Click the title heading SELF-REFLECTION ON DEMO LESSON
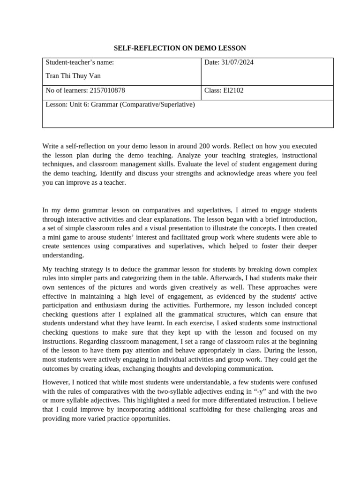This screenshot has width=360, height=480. pyautogui.click(x=180, y=48)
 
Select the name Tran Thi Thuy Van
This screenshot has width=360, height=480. pyautogui.click(x=73, y=76)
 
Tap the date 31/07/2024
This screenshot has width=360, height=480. pyautogui.click(x=238, y=62)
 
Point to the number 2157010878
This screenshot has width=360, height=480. pyautogui.click(x=107, y=90)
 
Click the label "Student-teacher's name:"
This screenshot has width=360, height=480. pyautogui.click(x=80, y=62)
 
